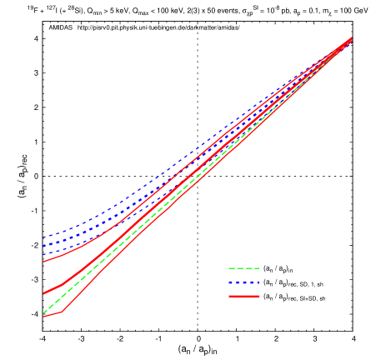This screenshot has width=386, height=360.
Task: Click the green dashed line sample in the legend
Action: (x=243, y=268)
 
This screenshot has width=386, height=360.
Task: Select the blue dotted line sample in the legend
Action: (x=243, y=282)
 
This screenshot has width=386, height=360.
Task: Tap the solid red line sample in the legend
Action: (x=243, y=296)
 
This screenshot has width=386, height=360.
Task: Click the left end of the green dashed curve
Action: (x=43, y=312)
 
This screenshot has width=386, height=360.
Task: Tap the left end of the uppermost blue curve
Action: (x=43, y=237)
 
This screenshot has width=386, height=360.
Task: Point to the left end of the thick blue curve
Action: (x=43, y=246)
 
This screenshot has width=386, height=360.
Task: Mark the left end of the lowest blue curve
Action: (x=43, y=253)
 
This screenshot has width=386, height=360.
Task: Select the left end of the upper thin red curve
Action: (x=43, y=262)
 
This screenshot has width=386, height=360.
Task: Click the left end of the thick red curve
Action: (x=43, y=293)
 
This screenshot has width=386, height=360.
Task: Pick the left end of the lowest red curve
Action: (x=43, y=317)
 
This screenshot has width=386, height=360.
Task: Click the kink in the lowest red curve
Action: (x=61, y=312)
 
